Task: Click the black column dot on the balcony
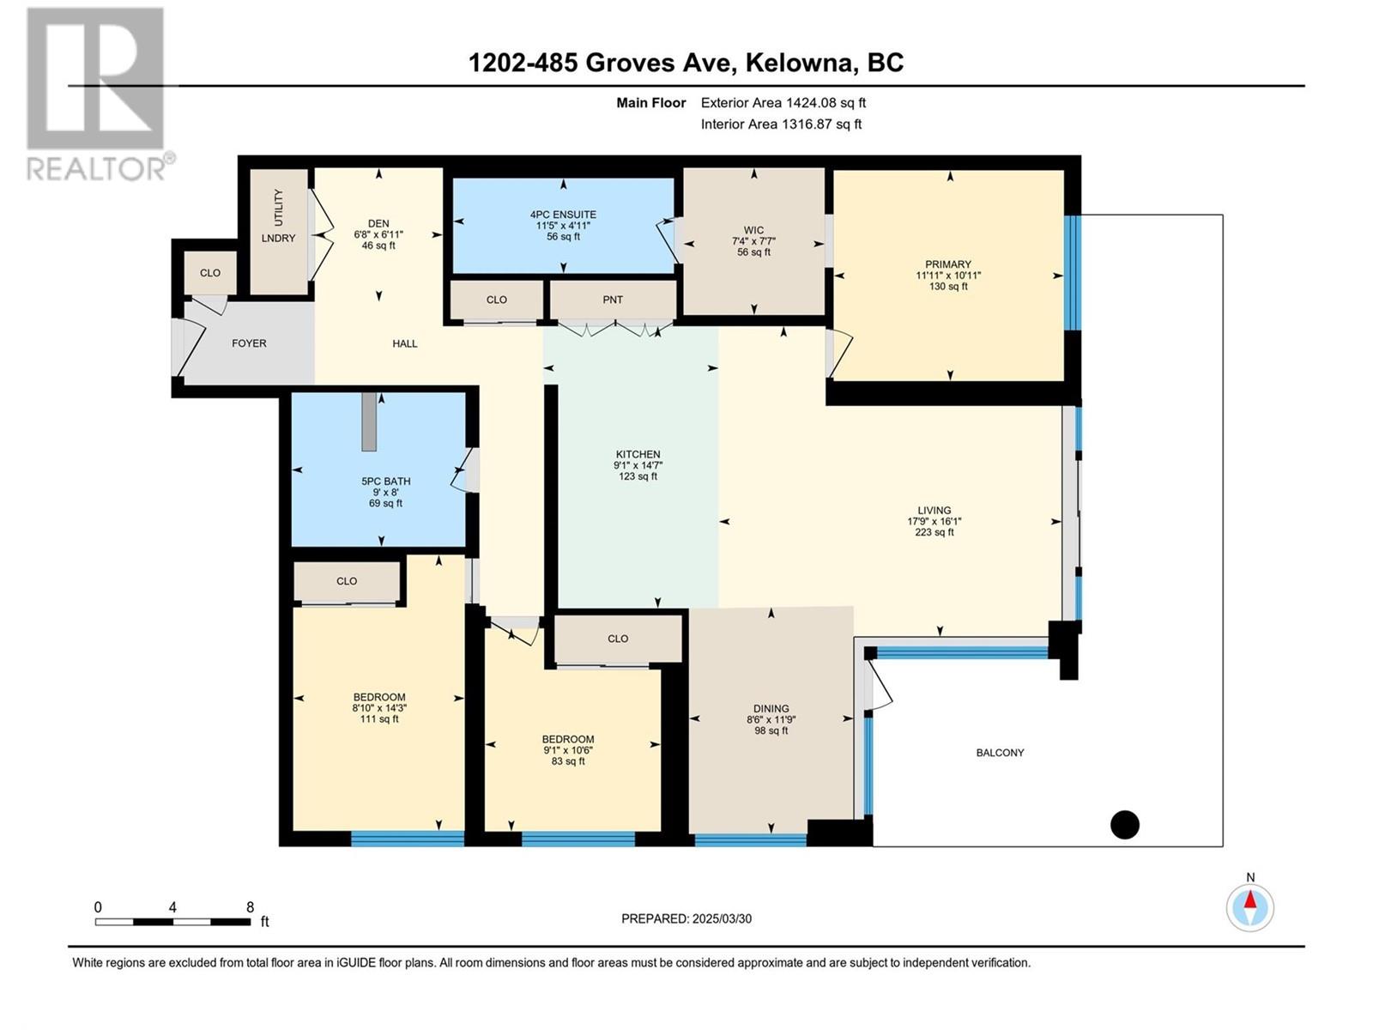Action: (1125, 825)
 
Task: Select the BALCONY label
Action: (1000, 753)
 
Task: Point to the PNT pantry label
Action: (613, 300)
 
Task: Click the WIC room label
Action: (753, 230)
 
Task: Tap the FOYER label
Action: (249, 343)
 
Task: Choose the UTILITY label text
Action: (278, 207)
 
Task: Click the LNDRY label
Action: (278, 239)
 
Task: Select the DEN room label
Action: (378, 223)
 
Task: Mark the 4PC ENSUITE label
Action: (563, 215)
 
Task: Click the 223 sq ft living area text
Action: (934, 532)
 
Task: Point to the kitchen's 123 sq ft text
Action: (638, 476)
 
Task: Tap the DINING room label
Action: (771, 709)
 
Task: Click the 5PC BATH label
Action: (386, 482)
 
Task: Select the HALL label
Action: (405, 343)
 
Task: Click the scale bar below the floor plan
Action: (173, 922)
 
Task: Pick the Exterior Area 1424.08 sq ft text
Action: (783, 102)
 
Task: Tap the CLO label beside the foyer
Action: (210, 273)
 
